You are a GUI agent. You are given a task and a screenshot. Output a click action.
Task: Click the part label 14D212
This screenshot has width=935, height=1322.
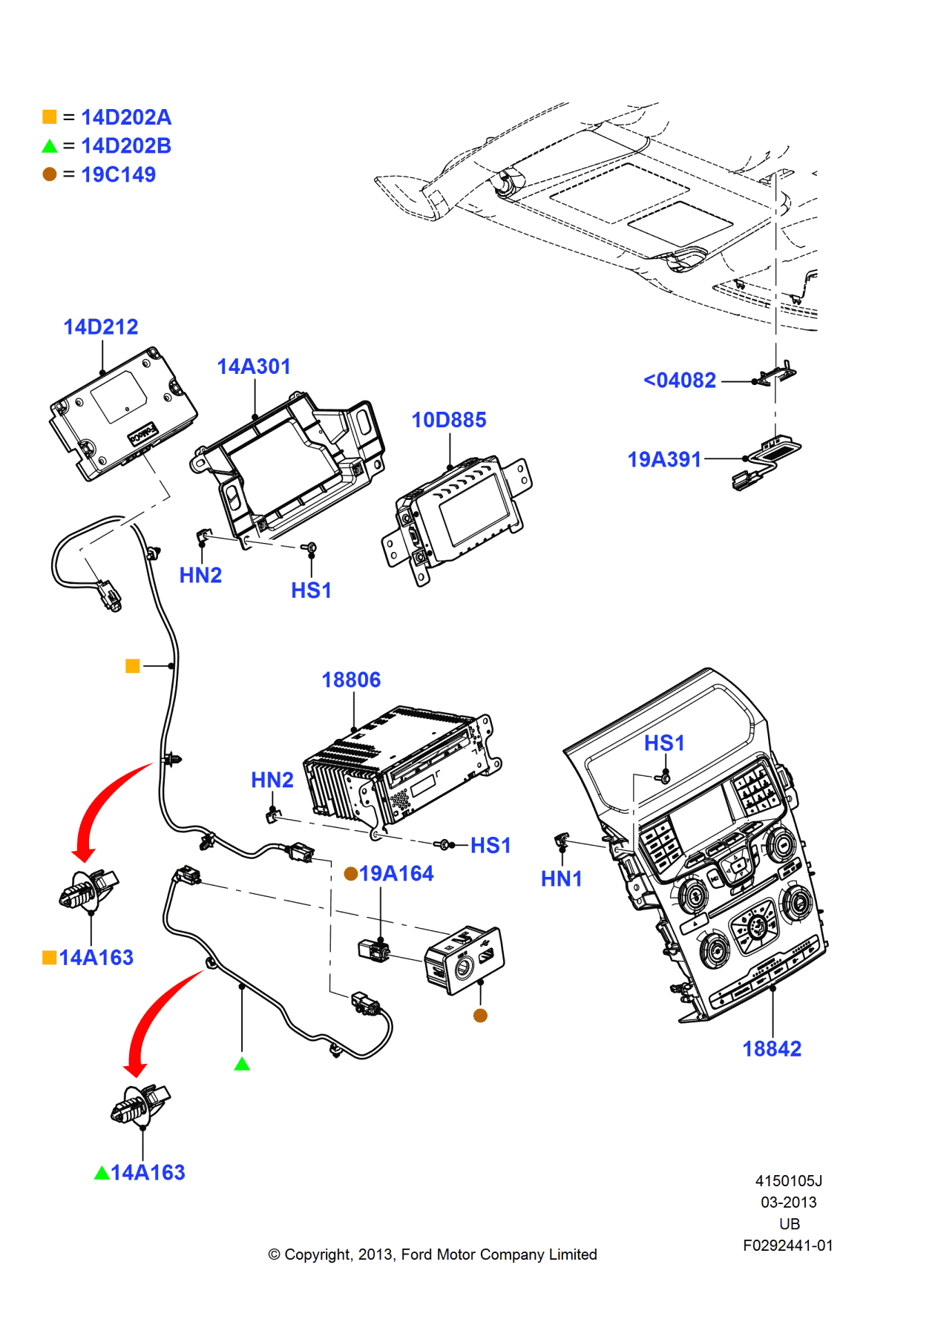pos(101,327)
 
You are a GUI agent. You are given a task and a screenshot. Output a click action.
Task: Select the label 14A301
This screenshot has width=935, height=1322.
pos(254,366)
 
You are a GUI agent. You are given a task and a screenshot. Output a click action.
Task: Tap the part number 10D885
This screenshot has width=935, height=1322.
pos(449,420)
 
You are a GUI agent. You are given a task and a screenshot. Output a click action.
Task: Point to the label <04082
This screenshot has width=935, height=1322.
pos(680,381)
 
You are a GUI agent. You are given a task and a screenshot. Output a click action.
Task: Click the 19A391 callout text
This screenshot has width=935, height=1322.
pos(664,460)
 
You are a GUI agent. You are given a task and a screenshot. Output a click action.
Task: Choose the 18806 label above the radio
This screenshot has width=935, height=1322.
pos(351,680)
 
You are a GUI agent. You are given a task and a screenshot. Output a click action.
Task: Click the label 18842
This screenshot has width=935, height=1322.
pos(772,1049)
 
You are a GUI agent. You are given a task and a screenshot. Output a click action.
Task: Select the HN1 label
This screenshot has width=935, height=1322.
pos(561,879)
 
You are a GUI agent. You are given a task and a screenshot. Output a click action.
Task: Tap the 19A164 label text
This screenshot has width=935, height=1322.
pos(396,874)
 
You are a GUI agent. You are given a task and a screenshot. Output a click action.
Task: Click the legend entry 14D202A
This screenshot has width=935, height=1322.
pos(126,117)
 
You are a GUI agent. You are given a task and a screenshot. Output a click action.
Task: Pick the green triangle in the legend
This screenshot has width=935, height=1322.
pos(50,146)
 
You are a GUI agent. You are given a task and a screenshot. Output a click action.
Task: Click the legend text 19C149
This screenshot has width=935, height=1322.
pos(119,175)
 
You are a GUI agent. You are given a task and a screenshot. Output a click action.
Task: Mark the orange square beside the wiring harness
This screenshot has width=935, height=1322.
pos(133,666)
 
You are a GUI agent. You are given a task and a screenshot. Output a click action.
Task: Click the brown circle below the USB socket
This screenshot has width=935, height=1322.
pos(480,1016)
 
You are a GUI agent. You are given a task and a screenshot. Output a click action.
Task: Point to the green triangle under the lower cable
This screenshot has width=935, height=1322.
pos(242,1065)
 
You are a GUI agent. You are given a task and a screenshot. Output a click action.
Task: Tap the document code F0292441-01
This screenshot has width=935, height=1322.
pos(788,1246)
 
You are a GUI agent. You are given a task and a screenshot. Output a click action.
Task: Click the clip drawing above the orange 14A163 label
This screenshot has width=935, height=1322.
pos(88,890)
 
